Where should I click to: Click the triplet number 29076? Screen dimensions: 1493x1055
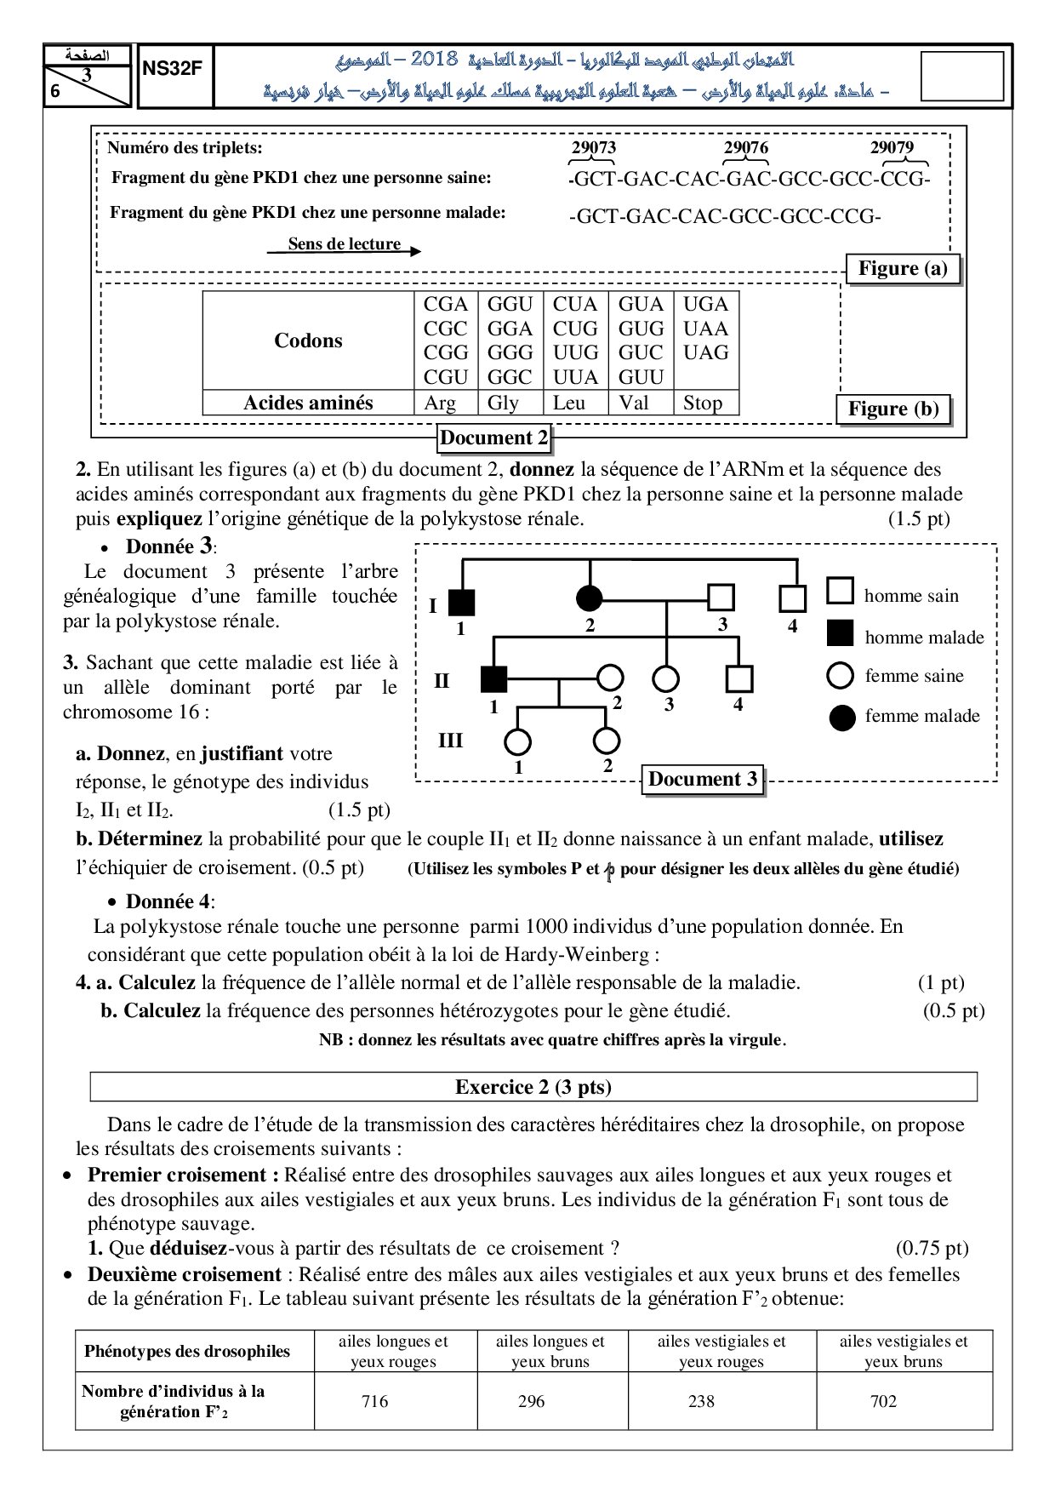[745, 147]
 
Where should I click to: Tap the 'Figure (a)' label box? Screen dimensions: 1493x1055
[903, 269]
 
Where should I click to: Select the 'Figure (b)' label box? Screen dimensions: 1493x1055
[893, 409]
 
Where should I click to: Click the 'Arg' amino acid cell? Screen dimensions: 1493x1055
[440, 403]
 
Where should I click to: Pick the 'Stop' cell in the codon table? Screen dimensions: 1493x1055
[703, 403]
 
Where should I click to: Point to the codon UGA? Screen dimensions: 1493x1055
[705, 305]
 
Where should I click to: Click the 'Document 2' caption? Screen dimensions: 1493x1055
[494, 438]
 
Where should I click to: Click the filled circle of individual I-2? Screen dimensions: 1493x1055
[590, 598]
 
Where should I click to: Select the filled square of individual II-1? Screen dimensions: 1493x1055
[493, 679]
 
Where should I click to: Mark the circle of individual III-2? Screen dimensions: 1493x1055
[606, 741]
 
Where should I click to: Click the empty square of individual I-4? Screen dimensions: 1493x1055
[793, 598]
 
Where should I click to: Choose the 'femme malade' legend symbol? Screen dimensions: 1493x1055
[841, 718]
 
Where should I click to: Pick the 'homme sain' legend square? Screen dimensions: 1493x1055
[841, 591]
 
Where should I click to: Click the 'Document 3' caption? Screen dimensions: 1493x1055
[703, 780]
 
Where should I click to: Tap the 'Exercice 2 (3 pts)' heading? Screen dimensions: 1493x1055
[533, 1087]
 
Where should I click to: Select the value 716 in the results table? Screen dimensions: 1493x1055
[374, 1401]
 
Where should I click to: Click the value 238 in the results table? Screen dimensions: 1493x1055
[701, 1401]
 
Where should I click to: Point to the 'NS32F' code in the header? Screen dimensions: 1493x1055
[173, 70]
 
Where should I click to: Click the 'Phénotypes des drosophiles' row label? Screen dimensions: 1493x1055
[187, 1351]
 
